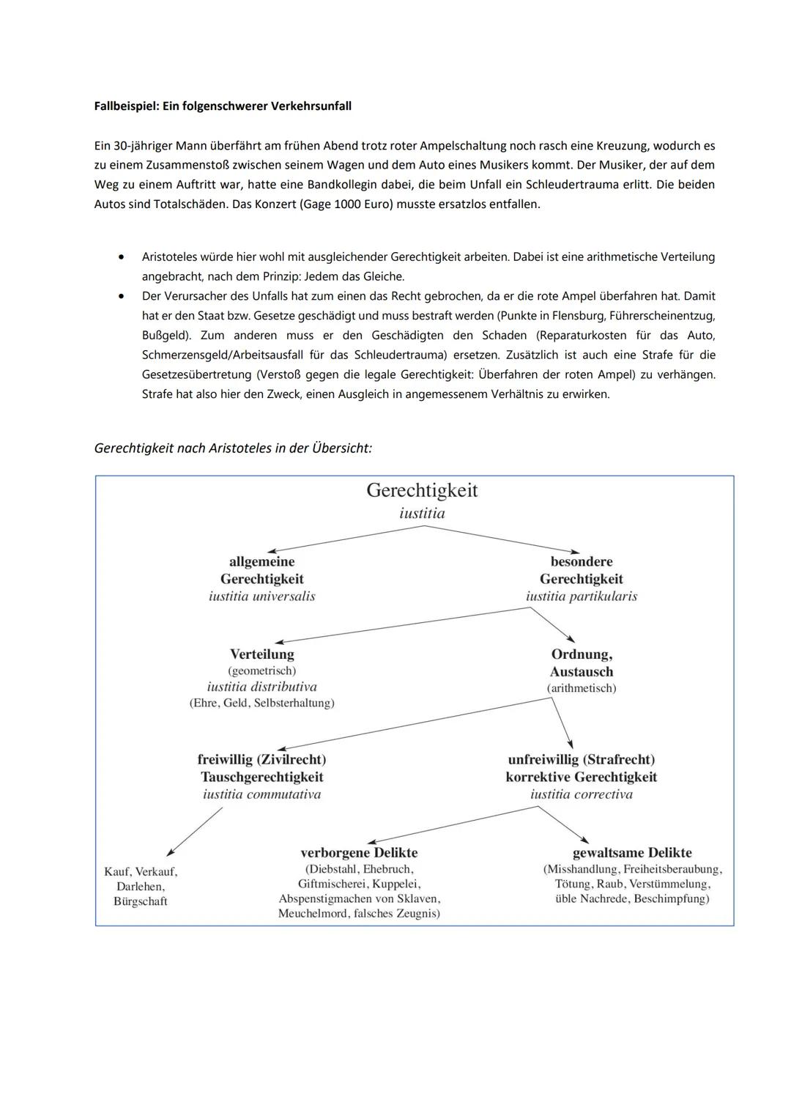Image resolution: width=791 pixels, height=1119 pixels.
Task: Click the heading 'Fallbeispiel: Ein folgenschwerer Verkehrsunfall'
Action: [x=223, y=106]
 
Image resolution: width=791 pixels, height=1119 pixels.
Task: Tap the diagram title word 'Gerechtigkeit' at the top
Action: [x=422, y=490]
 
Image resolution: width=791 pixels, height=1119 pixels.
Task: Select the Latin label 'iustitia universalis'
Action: [x=261, y=597]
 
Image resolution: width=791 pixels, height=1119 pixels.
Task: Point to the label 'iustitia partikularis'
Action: [x=582, y=597]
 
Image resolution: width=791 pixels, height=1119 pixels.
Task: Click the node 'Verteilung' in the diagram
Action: [x=261, y=654]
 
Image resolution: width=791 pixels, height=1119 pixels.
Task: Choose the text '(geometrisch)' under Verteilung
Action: [x=261, y=671]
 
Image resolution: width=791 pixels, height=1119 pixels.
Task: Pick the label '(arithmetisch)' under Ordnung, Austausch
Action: [x=582, y=688]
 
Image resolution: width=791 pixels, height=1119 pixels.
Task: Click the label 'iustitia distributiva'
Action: [x=261, y=687]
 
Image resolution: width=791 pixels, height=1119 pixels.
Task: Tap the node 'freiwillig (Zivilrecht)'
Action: [x=261, y=759]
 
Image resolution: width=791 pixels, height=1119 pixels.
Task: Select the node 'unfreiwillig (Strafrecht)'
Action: [x=582, y=759]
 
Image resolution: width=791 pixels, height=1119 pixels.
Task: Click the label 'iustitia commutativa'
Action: [x=261, y=794]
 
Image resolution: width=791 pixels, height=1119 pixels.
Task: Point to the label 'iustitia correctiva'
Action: [x=582, y=794]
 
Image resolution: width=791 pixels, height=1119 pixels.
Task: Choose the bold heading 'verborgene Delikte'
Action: [x=359, y=852]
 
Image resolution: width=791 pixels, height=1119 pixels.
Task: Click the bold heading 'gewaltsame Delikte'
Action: [x=631, y=852]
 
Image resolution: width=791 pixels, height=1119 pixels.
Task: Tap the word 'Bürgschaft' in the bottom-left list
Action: [x=141, y=901]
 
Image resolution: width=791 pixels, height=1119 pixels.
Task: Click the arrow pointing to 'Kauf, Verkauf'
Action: [x=194, y=832]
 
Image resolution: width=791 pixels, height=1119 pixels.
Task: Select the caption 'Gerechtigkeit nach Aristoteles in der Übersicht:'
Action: [x=233, y=448]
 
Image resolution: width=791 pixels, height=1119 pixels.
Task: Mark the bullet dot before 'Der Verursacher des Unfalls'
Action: [x=120, y=297]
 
